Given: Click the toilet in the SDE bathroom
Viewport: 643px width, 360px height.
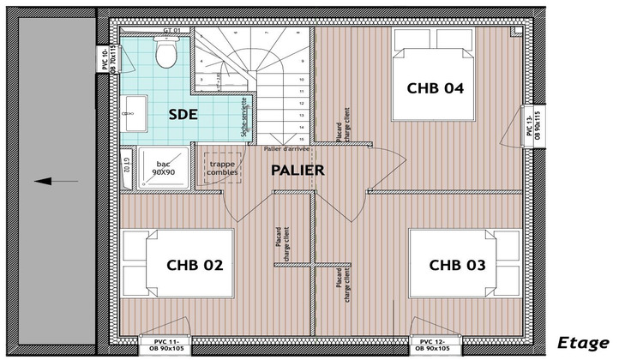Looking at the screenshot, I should [x=165, y=54].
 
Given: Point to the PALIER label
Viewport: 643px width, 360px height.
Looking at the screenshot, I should [x=297, y=170].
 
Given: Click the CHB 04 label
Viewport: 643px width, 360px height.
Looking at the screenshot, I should [x=436, y=87].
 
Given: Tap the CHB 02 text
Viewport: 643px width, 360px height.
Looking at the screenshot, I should [x=195, y=265].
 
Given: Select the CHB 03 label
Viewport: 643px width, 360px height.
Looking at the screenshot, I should [x=457, y=265].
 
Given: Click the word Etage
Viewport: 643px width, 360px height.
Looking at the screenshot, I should [x=582, y=342].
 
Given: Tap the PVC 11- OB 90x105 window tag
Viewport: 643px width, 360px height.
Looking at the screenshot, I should [x=163, y=345].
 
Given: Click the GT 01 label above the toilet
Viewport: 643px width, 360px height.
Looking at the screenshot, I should [x=172, y=31].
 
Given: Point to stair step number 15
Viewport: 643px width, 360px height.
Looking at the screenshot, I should [x=301, y=137].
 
